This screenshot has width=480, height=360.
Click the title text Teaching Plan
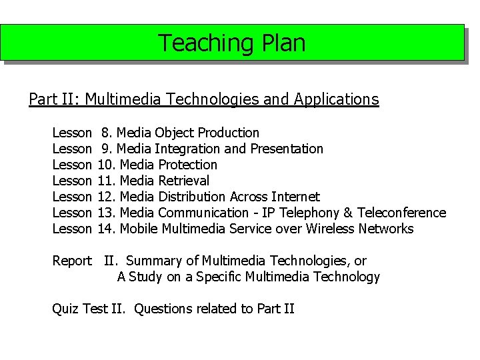tap(231, 43)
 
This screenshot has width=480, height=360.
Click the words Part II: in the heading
tap(55, 100)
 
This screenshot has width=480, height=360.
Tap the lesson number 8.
tap(107, 133)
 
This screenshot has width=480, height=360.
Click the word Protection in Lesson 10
tap(187, 165)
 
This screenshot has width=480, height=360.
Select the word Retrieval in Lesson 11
tap(183, 181)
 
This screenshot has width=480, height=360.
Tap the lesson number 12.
tap(107, 197)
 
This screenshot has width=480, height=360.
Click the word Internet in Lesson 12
tap(295, 197)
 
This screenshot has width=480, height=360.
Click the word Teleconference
tap(401, 213)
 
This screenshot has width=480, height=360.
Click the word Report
tap(72, 261)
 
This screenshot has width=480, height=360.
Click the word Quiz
tap(66, 309)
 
